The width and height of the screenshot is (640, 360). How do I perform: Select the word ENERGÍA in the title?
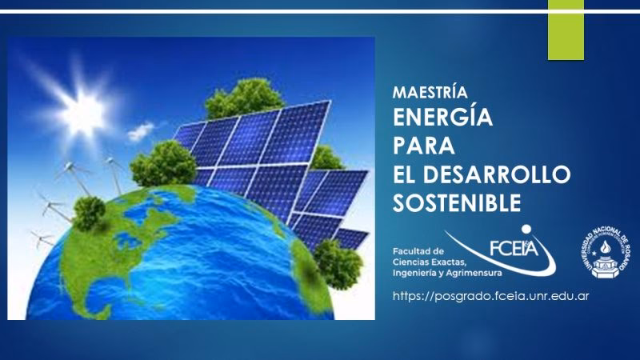(442, 118)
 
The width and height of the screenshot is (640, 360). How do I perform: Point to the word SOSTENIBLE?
(456, 202)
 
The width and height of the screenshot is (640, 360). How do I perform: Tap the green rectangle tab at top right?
(566, 30)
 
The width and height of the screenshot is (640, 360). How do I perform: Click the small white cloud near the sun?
(141, 130)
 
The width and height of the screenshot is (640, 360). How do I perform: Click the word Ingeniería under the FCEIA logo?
(415, 274)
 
